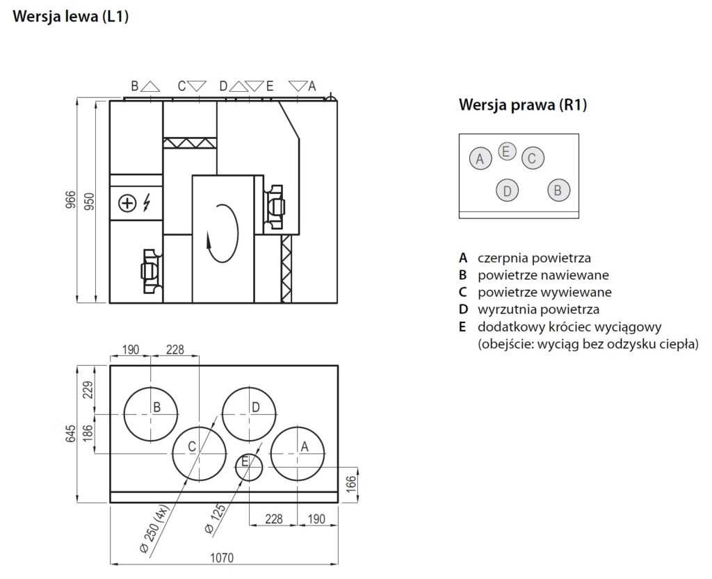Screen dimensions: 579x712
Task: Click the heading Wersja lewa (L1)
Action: pyautogui.click(x=71, y=17)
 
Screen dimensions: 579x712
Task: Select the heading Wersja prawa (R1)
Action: pyautogui.click(x=523, y=105)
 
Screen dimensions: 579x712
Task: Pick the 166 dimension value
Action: pyautogui.click(x=350, y=484)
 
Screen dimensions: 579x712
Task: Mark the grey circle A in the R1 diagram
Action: pyautogui.click(x=480, y=158)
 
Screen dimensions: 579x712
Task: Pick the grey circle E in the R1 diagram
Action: pyautogui.click(x=507, y=151)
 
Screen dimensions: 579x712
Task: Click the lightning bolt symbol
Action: pyautogui.click(x=147, y=203)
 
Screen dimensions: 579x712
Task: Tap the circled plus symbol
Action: pyautogui.click(x=127, y=203)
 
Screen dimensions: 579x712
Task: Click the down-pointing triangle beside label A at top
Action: pyautogui.click(x=298, y=86)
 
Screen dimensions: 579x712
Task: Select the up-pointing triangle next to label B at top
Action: pyautogui.click(x=150, y=86)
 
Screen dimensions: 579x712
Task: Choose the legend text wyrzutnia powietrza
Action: pyautogui.click(x=538, y=309)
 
